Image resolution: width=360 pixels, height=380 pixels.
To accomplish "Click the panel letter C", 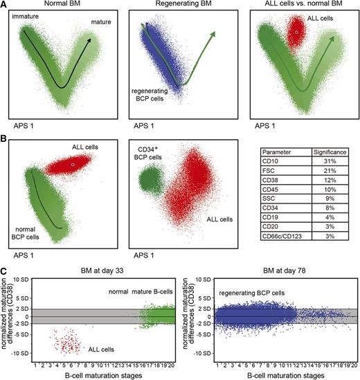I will [x=4, y=269].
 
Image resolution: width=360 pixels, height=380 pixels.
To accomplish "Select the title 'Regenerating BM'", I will [x=181, y=6].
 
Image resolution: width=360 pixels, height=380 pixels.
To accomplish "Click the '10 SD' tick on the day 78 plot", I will [x=201, y=281].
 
